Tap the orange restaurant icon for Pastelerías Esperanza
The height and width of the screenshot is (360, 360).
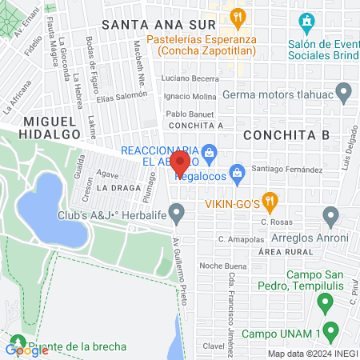tap(237, 17)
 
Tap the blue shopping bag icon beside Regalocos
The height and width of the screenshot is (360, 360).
tap(237, 172)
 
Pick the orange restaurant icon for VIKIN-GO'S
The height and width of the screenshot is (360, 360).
tap(270, 200)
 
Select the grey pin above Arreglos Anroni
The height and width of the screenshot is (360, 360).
tap(330, 215)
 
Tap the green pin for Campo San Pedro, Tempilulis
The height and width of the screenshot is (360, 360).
tap(324, 303)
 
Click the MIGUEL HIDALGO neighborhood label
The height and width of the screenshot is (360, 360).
tap(50, 120)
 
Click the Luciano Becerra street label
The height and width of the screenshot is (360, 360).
tap(190, 78)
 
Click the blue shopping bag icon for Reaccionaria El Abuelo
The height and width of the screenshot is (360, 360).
tap(208, 150)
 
